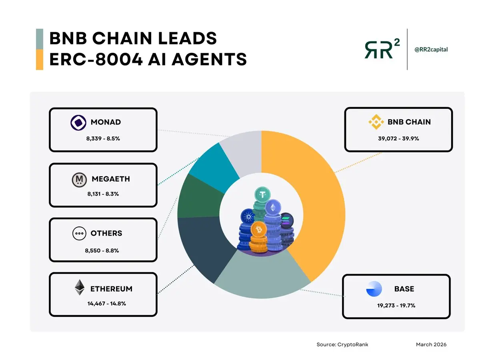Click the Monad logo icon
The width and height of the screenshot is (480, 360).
coord(78,123)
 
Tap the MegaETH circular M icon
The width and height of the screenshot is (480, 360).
coord(79,180)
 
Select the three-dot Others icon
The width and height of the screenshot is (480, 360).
coord(79,233)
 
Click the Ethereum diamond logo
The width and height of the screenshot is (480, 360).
coord(80,287)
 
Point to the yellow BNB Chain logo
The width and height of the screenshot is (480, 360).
coord(376,122)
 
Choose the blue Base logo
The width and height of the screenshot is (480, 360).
coord(374,289)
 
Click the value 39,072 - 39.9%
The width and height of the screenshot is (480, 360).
coord(398,138)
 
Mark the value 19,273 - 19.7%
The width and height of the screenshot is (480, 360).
coord(396,305)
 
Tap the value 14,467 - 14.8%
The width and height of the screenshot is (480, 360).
coord(107,304)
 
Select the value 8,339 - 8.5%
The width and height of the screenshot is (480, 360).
coord(103,138)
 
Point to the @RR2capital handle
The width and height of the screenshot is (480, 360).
coord(431,50)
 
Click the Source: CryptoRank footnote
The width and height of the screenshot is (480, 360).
coord(342,344)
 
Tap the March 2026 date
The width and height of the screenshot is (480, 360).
coord(431,344)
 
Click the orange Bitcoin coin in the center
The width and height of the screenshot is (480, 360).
coord(259,230)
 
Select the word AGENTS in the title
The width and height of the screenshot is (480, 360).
coord(209,59)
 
